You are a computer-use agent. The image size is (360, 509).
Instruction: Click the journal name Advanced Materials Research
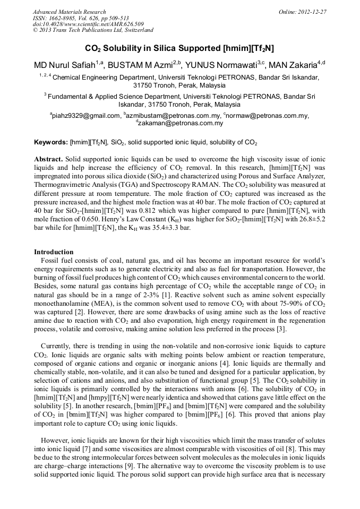pyautogui.click(x=69, y=12)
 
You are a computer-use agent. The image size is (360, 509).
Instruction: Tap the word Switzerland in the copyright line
pyautogui.click(x=136, y=30)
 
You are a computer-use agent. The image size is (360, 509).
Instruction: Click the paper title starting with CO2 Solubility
pyautogui.click(x=179, y=48)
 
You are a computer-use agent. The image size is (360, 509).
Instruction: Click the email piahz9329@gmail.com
pyautogui.click(x=85, y=116)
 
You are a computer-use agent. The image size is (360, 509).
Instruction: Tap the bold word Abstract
pyautogui.click(x=49, y=159)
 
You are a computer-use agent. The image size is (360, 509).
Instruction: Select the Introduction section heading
pyautogui.click(x=54, y=252)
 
